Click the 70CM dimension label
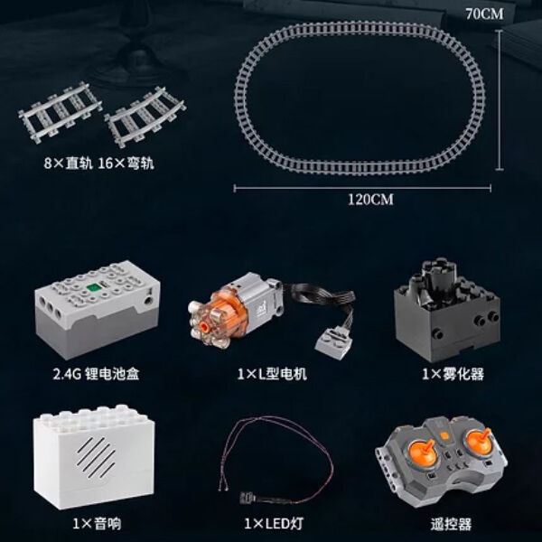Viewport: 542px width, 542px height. [484, 14]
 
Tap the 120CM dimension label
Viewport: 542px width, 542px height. [370, 200]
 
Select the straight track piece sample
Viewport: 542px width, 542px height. [61, 112]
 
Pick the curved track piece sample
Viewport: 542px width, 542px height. [145, 117]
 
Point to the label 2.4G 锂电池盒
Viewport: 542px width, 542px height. [96, 374]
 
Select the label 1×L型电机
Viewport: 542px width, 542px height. [272, 374]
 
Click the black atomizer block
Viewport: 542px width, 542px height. [446, 309]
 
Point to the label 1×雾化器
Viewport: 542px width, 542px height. [453, 374]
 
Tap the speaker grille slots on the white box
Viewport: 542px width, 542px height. [96, 456]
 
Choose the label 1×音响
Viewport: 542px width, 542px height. [97, 524]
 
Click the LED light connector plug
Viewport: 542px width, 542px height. [248, 498]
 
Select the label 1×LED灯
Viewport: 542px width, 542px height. [274, 524]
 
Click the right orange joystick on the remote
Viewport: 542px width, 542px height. [479, 440]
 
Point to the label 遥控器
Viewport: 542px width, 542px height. [451, 524]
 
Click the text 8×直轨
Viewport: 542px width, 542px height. [69, 164]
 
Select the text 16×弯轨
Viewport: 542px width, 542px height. [126, 164]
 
